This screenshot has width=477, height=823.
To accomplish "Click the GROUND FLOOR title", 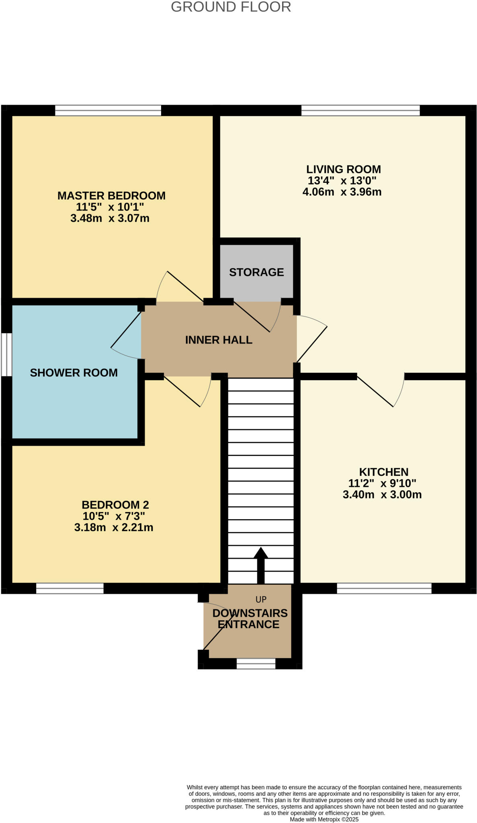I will (x=231, y=7).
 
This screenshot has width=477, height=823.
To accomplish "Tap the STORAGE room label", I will (x=256, y=272).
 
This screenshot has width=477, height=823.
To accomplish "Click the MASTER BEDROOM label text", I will (x=111, y=196).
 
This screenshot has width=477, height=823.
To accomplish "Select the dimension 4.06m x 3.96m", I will (x=342, y=192).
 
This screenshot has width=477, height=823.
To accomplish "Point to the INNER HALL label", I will (x=219, y=340).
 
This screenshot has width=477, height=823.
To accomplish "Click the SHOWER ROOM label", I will (x=74, y=373).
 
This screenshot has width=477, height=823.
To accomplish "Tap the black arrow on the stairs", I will (x=261, y=565).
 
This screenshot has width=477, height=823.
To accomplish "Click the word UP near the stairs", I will (x=261, y=600).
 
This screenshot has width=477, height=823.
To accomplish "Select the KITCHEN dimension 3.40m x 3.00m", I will (x=382, y=495).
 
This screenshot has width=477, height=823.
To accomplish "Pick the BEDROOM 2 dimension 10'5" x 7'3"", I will (x=114, y=516).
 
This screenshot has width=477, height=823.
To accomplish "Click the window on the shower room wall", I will (x=6, y=354).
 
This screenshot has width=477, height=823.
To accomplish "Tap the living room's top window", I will (x=360, y=110).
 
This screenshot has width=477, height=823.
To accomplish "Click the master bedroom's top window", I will (x=108, y=110).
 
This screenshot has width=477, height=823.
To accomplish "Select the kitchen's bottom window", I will (x=384, y=589).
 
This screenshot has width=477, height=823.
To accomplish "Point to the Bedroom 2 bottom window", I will (x=70, y=589).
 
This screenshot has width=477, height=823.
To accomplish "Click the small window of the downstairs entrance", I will (x=256, y=663).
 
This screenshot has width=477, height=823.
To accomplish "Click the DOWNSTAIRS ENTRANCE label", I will (x=250, y=619).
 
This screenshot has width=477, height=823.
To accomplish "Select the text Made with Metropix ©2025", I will (x=324, y=819).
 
